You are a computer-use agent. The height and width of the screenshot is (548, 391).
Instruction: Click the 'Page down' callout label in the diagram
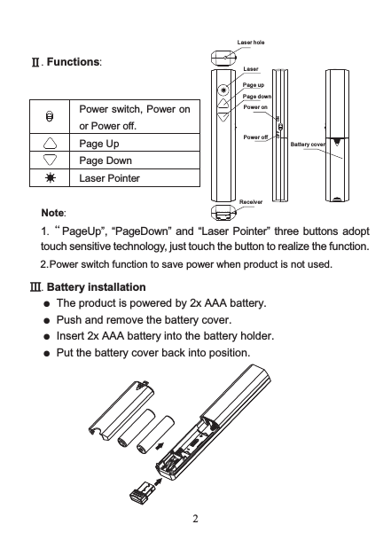click(x=257, y=96)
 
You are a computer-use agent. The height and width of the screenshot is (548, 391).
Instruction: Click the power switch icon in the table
click(x=51, y=117)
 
